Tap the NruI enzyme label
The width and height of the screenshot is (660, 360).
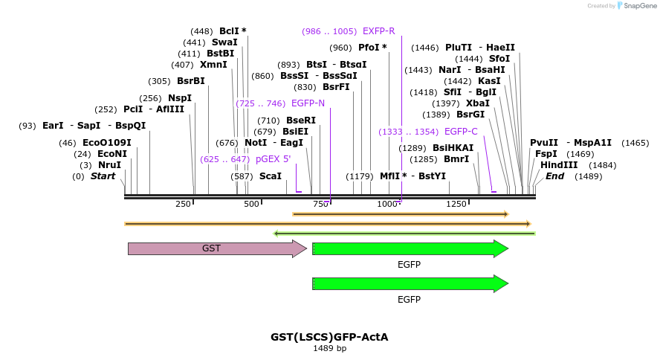coord(109,165)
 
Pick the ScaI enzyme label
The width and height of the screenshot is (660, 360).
coord(271,176)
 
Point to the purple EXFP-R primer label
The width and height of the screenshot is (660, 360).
coord(379,31)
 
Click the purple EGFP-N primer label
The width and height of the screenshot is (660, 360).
coord(308,103)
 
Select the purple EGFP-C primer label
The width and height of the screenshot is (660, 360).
coord(461,132)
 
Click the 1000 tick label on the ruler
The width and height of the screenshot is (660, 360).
coord(387,205)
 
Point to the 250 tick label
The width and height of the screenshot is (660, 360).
coord(184,205)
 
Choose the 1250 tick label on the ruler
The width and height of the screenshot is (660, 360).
coord(456,205)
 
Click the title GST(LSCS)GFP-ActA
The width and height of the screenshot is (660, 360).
coord(329,337)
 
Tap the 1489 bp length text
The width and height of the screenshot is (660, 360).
coord(329,348)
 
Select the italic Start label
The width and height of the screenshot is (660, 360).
coord(103,176)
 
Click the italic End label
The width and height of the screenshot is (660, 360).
coord(554,176)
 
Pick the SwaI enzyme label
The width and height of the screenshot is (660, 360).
coord(224,42)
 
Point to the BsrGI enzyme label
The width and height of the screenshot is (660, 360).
coord(470,115)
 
